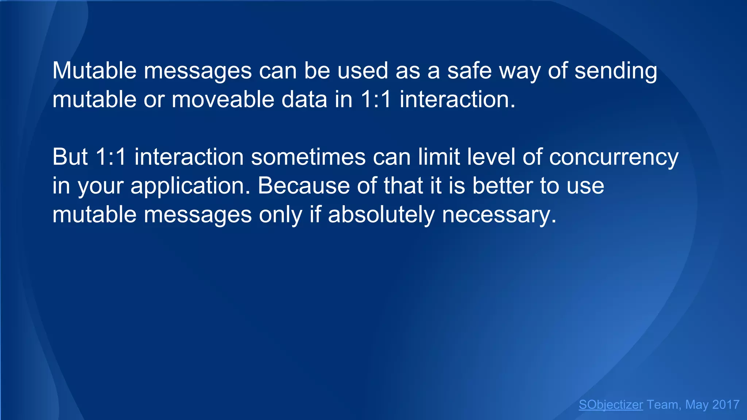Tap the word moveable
pos(223,99)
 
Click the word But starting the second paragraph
pos(70,157)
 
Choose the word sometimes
pos(308,157)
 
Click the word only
pos(280,215)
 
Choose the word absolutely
pos(381,215)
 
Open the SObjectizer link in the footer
pos(611,405)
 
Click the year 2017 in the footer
pos(725,405)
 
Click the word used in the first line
pos(363,70)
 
